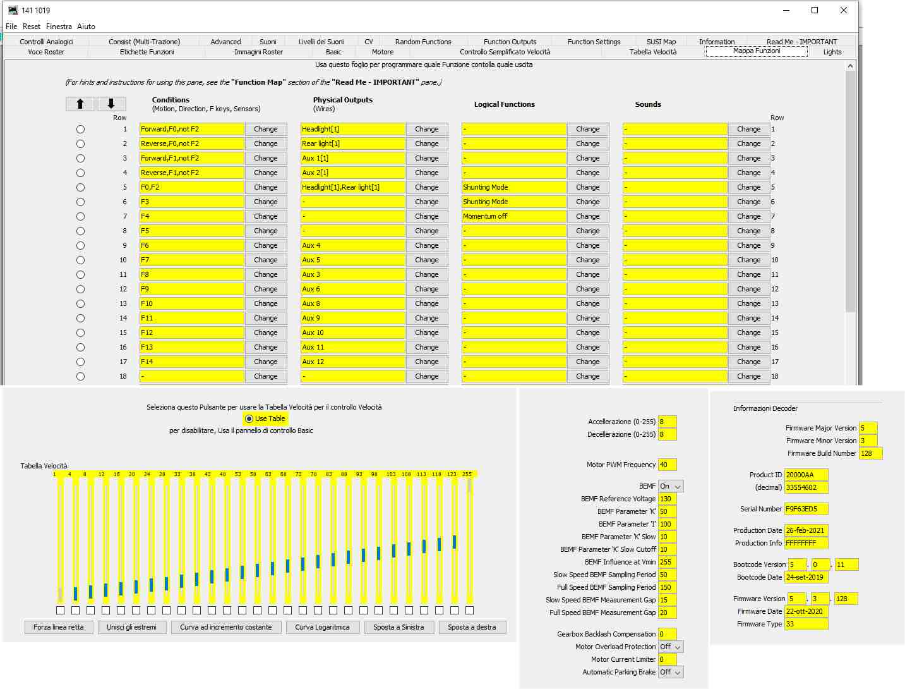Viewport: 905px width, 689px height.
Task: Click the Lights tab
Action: coord(832,52)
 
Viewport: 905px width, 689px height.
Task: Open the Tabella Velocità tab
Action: coord(652,52)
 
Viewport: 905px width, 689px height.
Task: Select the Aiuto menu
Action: coord(86,27)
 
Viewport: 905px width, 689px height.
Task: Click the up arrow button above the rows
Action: coord(80,104)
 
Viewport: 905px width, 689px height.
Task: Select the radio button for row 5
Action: coord(80,187)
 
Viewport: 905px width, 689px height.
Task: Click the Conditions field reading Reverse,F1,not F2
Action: coord(191,173)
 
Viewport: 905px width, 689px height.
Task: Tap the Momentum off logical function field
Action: coord(513,216)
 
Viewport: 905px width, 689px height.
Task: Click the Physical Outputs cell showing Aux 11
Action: coord(352,347)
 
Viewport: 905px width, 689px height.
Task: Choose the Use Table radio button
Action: coord(249,418)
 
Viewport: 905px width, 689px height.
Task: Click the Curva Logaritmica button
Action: coord(322,627)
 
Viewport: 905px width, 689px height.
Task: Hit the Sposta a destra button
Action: coord(472,627)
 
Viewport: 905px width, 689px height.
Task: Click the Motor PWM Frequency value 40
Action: coord(667,465)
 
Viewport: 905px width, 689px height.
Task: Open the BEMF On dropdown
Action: coord(671,486)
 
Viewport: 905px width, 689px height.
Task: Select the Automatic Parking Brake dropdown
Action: coord(671,672)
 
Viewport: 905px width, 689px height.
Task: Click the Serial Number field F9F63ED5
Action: coord(806,509)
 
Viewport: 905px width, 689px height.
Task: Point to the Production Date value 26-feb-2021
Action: coord(806,530)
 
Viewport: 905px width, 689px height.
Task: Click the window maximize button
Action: coord(815,10)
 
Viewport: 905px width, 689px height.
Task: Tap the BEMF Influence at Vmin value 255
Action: coord(667,562)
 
